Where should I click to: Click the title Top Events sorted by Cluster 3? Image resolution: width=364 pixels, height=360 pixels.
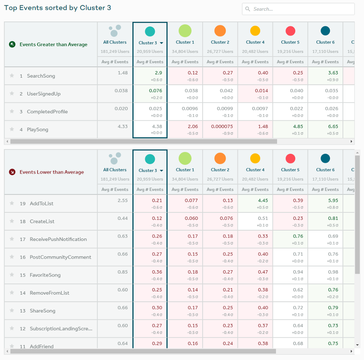click(x=57, y=8)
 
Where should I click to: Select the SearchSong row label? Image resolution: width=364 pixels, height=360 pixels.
click(x=41, y=76)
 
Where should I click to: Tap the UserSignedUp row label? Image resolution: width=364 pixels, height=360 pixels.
click(x=43, y=94)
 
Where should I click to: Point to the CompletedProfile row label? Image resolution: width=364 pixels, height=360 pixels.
click(x=47, y=112)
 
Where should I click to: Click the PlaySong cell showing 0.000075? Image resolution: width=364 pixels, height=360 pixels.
click(x=220, y=126)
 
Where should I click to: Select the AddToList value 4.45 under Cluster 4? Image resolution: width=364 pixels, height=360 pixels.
click(x=255, y=200)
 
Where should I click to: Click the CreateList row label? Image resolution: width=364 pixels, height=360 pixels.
click(x=42, y=222)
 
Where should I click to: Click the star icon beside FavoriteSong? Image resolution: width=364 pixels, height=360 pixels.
click(x=12, y=275)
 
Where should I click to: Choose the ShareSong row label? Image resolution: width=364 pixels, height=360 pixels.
click(x=42, y=311)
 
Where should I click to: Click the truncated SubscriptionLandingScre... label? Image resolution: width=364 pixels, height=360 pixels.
click(x=61, y=329)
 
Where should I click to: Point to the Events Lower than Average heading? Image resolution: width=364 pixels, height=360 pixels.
click(x=52, y=172)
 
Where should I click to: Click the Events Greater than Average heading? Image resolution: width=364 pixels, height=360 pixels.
click(x=53, y=45)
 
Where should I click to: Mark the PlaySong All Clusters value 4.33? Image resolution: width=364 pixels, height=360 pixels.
click(x=122, y=126)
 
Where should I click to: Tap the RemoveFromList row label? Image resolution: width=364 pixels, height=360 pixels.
click(x=49, y=293)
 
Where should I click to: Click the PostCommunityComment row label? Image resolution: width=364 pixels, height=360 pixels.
click(x=60, y=257)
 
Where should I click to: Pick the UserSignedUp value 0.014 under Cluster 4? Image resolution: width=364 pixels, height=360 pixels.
click(x=255, y=91)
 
